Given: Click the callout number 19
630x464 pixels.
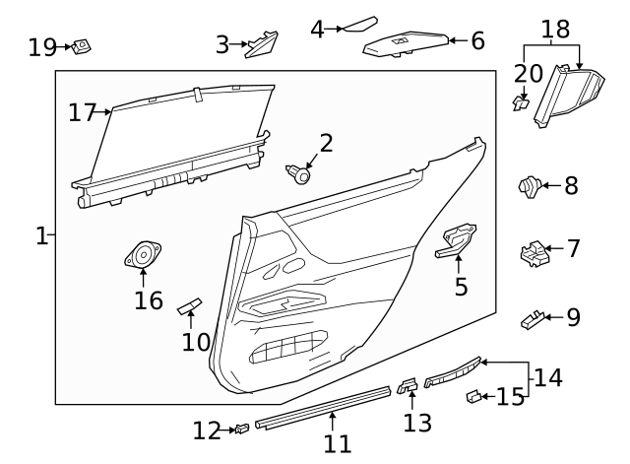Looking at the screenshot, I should tap(42, 46).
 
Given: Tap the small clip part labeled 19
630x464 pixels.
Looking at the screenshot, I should tap(84, 45).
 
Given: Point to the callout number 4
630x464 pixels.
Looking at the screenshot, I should tap(316, 29).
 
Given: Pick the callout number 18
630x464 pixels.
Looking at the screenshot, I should tap(555, 29).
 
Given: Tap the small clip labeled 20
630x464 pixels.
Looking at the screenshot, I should tap(522, 100).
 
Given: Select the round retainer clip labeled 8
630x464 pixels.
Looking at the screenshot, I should tap(530, 184).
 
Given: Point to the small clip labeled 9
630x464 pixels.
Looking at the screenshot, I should tap(531, 318).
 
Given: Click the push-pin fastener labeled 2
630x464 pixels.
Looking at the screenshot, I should tap(300, 175).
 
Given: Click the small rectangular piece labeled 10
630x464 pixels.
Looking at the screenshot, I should tap(190, 307).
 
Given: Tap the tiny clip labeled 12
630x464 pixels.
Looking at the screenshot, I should tap(240, 429).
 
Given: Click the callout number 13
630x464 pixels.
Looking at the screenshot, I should tap(417, 423).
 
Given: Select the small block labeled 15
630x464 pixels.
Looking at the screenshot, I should tap(472, 397).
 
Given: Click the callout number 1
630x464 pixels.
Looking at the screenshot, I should tap(41, 235).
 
